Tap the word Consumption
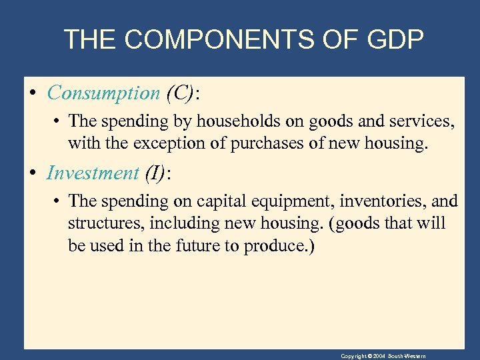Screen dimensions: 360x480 click(103, 93)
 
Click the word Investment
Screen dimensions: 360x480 click(92, 173)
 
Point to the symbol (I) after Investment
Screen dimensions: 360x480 click(155, 173)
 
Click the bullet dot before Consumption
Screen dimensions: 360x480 click(33, 93)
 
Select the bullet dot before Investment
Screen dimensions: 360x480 click(33, 173)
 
